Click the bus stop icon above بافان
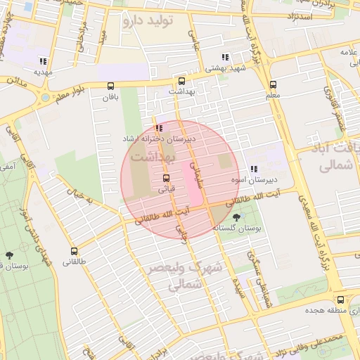(110, 86)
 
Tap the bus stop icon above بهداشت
(182, 81)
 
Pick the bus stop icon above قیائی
(167, 178)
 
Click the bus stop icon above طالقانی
(74, 251)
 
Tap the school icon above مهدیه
(44, 61)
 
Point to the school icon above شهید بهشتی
(224, 58)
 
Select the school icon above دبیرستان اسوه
(254, 169)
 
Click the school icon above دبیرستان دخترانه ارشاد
(158, 129)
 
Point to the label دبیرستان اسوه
(255, 180)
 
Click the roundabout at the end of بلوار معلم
(46, 98)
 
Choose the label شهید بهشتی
(223, 69)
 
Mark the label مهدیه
(44, 72)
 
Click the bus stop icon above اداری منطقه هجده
(340, 299)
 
